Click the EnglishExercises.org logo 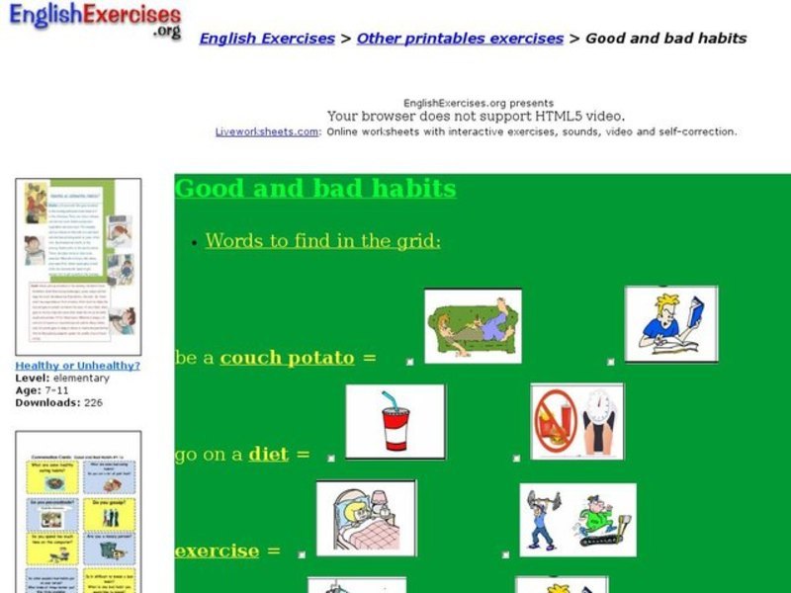[x=95, y=21]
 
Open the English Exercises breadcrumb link [x=267, y=39]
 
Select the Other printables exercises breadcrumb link [x=460, y=39]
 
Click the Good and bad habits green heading [x=315, y=189]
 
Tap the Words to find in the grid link [x=323, y=240]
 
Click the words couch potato [x=287, y=358]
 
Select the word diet [x=268, y=455]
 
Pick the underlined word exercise [x=217, y=551]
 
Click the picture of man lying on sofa [x=473, y=326]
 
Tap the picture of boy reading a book [x=671, y=324]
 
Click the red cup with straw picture [x=395, y=422]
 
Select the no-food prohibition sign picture [x=577, y=422]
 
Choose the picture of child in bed [x=366, y=519]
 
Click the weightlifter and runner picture [x=578, y=519]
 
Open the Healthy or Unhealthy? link [x=77, y=366]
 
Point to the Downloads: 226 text [x=58, y=403]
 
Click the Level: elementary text [x=62, y=378]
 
